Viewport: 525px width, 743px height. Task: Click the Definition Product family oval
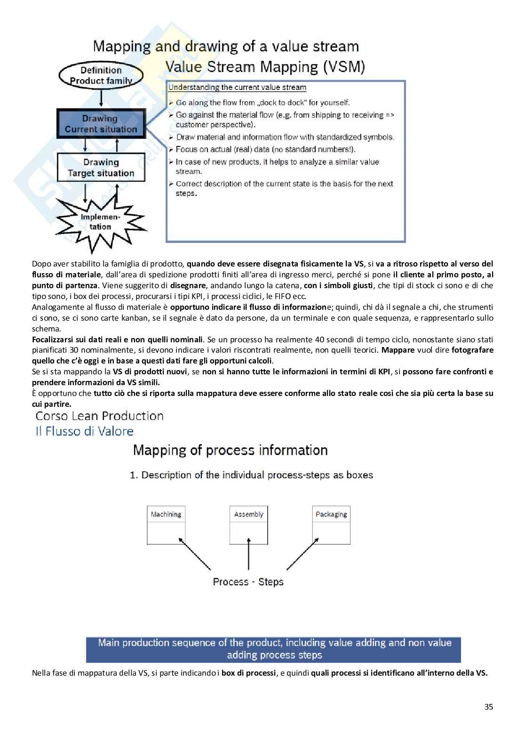pyautogui.click(x=101, y=76)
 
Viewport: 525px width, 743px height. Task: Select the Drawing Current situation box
pyautogui.click(x=101, y=124)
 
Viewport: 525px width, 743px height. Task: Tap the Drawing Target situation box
pyautogui.click(x=101, y=168)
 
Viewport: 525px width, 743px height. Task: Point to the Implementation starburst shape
pyautogui.click(x=101, y=222)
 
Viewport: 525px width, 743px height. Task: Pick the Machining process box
pyautogui.click(x=166, y=525)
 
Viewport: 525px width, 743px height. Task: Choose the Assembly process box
pyautogui.click(x=248, y=525)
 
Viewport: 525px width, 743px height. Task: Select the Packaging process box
pyautogui.click(x=331, y=525)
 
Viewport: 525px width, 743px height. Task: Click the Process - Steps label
pyautogui.click(x=248, y=582)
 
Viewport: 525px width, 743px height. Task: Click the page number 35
pyautogui.click(x=488, y=707)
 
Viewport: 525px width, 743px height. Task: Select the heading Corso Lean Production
pyautogui.click(x=100, y=416)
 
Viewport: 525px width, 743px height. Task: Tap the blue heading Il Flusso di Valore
pyautogui.click(x=85, y=431)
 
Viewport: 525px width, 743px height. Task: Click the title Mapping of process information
pyautogui.click(x=231, y=451)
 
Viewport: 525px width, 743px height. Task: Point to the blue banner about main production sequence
pyautogui.click(x=273, y=649)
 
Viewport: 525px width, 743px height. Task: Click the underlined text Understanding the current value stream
pyautogui.click(x=237, y=88)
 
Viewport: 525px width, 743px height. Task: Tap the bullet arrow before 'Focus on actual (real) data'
pyautogui.click(x=171, y=150)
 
